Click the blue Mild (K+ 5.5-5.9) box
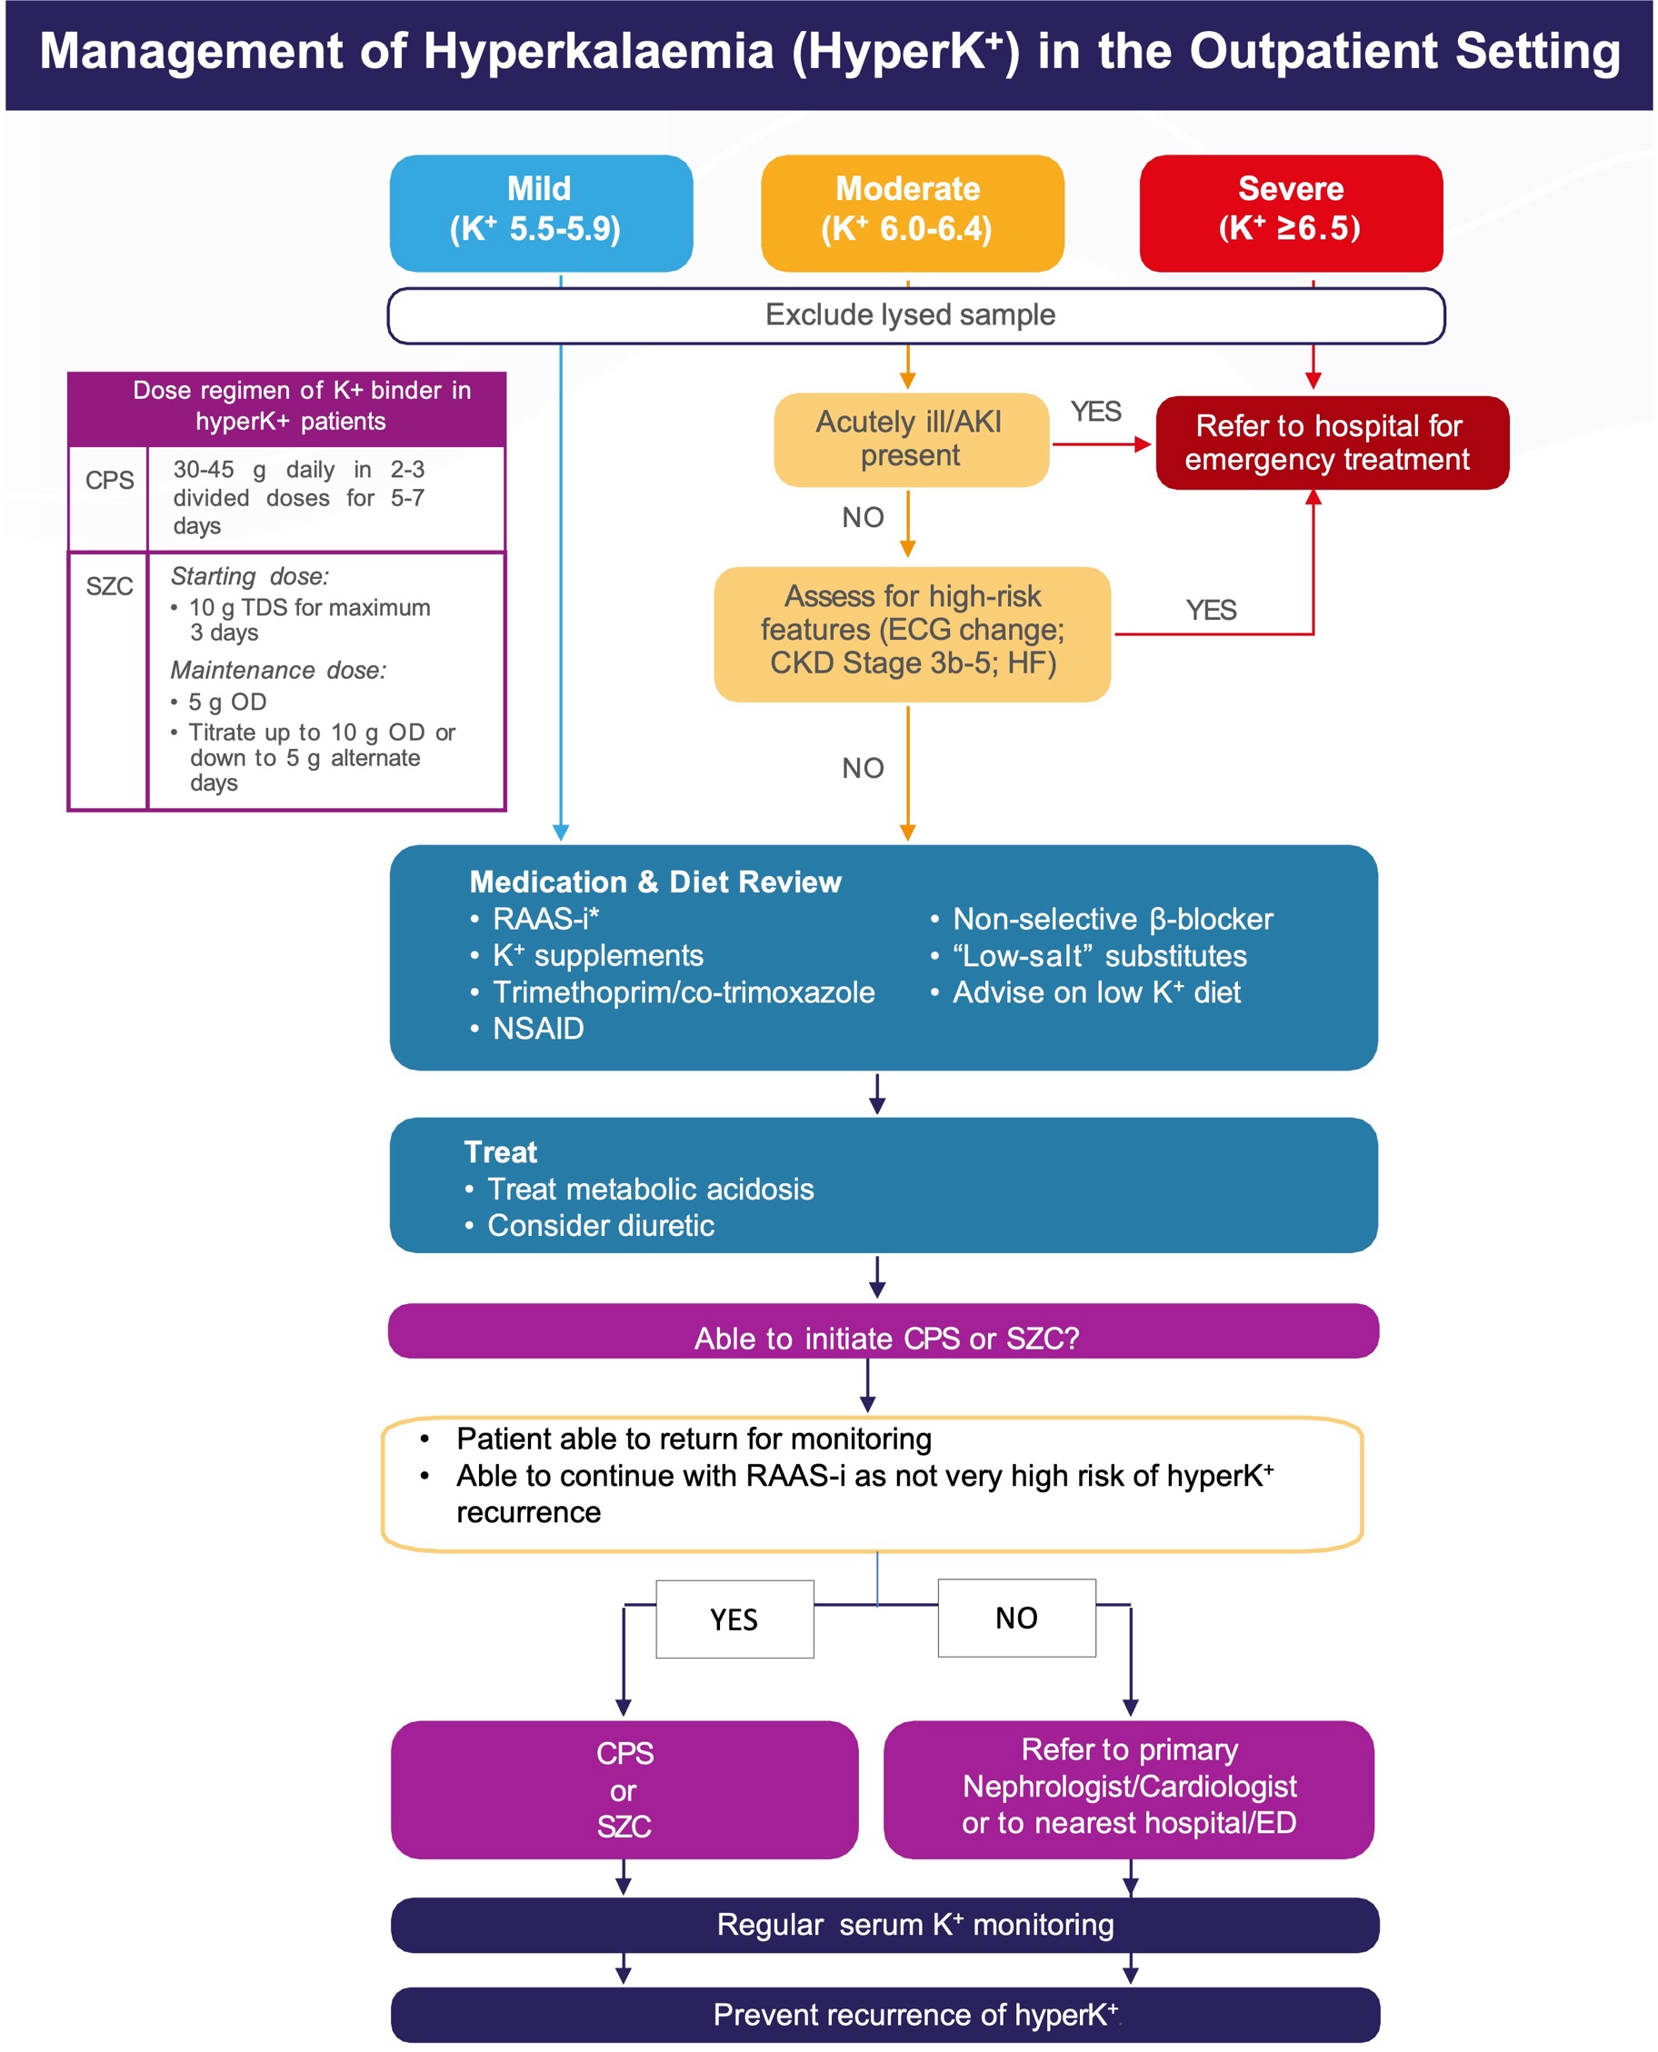point(541,213)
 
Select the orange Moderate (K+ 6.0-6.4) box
point(911,213)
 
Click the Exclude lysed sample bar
point(915,315)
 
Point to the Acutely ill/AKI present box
point(910,439)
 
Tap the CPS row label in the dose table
point(109,482)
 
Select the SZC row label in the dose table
point(109,586)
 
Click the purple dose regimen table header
point(286,407)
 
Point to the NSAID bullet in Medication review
point(538,1030)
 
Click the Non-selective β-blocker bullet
point(1112,920)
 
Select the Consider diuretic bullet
point(600,1226)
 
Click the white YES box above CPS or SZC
point(734,1619)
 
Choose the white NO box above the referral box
point(1016,1618)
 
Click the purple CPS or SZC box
point(624,1789)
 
